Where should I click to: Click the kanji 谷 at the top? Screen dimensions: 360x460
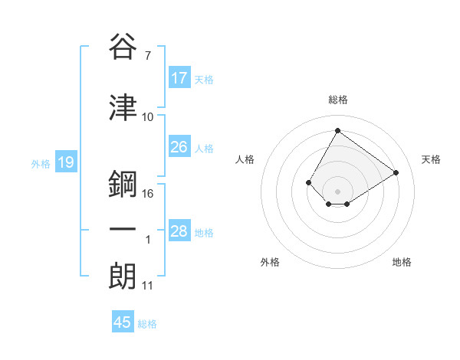(x=123, y=47)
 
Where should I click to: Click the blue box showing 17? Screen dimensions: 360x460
(x=179, y=78)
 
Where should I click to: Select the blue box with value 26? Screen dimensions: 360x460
(x=179, y=147)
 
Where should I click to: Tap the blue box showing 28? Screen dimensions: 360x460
(x=179, y=232)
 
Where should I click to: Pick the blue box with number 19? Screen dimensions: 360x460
(x=65, y=162)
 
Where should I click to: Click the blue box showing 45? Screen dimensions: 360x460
(x=123, y=322)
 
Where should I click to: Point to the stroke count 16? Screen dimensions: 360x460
(x=148, y=193)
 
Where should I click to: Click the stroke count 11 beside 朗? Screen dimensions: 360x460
(x=147, y=286)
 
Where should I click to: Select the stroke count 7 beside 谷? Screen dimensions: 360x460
(x=147, y=55)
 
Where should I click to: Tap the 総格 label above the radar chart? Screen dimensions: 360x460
(x=337, y=100)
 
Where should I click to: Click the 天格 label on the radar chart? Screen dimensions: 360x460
(x=431, y=159)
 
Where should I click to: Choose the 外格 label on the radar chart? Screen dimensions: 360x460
(x=270, y=262)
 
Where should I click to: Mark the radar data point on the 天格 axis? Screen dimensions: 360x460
(x=396, y=172)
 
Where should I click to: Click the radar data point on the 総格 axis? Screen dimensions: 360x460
(x=337, y=130)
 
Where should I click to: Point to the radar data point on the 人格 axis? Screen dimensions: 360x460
(x=309, y=182)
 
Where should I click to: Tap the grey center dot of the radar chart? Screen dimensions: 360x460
(x=337, y=191)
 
